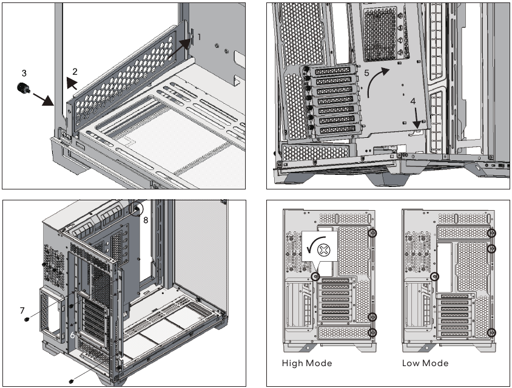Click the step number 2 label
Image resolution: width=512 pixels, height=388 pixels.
(x=75, y=72)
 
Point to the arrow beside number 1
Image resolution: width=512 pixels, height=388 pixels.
(x=180, y=50)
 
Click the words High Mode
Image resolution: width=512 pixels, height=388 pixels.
(x=307, y=363)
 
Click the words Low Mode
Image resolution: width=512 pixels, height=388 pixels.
(x=425, y=363)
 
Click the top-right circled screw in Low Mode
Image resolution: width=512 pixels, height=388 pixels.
(x=492, y=233)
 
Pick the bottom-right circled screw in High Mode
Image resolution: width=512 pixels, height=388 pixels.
(x=372, y=332)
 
